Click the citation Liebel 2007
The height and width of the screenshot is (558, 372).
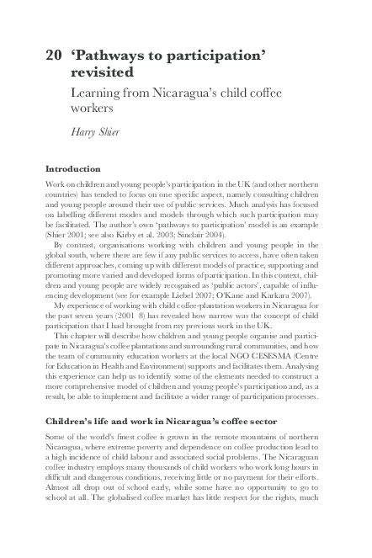pyautogui.click(x=210, y=296)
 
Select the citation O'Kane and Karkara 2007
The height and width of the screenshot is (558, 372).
pyautogui.click(x=269, y=296)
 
